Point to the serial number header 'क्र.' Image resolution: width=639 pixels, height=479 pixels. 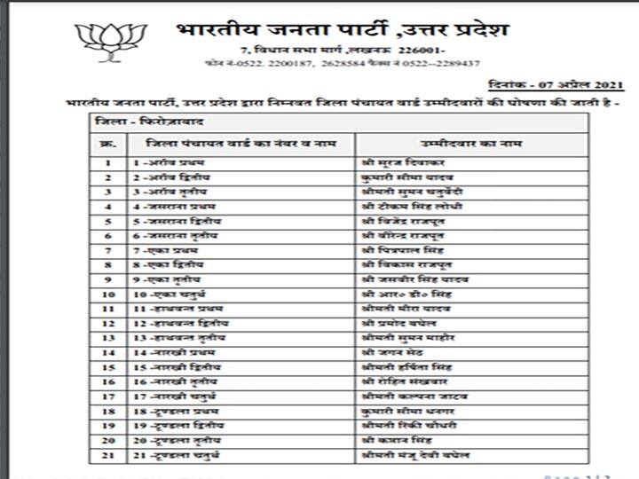coord(107,143)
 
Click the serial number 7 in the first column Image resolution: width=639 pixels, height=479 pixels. coord(107,250)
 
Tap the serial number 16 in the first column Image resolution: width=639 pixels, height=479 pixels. coord(107,381)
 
